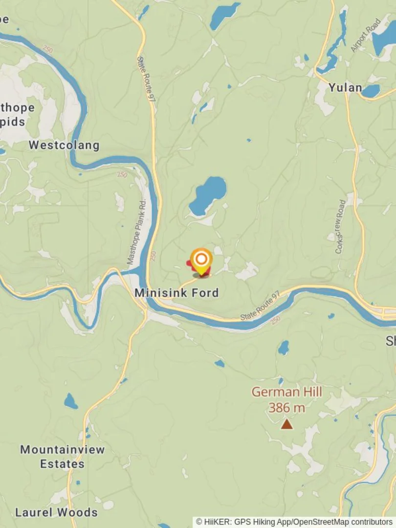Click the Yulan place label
coord(345,88)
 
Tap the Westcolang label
coord(64,145)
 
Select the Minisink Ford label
coord(176,293)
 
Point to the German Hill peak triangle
coord(286,424)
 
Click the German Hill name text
coord(286,392)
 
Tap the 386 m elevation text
coord(286,407)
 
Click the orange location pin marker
coord(201,260)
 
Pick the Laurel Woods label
coord(56,512)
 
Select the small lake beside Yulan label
coord(371,91)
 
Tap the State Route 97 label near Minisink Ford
coord(260,307)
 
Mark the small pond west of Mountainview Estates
coord(70,402)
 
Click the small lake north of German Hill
coord(283,348)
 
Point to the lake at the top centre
coord(224,15)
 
